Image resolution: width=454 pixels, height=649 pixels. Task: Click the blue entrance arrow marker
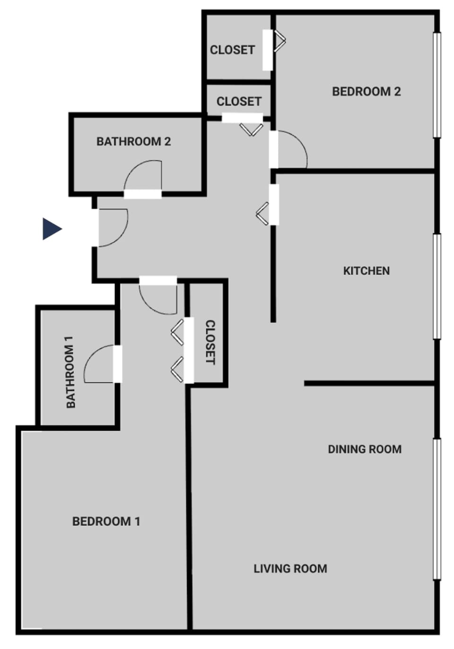point(52,229)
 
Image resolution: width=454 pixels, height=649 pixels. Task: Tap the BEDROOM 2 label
point(366,91)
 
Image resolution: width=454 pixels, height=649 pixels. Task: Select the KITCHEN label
point(366,271)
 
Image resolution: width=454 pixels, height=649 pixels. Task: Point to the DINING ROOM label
point(365,449)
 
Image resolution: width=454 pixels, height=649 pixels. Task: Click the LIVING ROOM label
point(290,569)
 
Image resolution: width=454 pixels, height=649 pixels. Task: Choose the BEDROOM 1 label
point(106,521)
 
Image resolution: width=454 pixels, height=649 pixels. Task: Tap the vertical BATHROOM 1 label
point(70,372)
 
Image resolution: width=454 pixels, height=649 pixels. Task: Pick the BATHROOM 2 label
point(133,142)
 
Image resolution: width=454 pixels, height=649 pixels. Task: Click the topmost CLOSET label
point(232,50)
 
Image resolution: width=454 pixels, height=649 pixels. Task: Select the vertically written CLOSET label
point(210,342)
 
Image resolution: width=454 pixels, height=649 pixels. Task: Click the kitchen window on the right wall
point(437,286)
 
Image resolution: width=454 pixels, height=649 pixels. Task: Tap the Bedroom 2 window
point(437,85)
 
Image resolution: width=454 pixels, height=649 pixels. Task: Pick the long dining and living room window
point(437,509)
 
